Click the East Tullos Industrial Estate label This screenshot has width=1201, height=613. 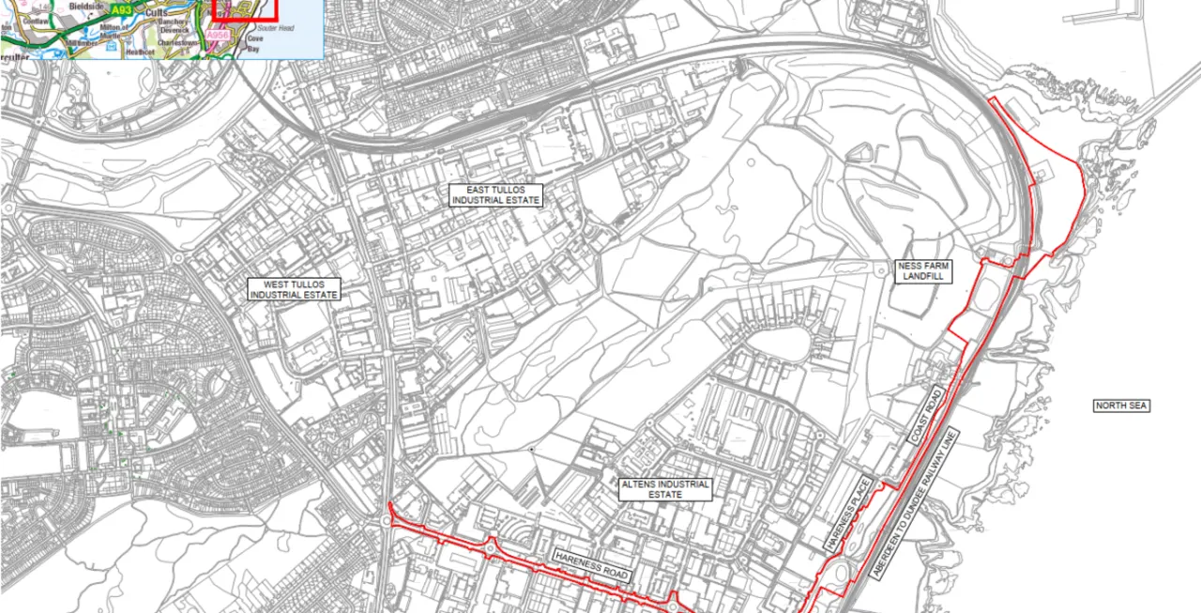point(496,195)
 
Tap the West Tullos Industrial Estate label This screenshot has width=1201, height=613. point(294,289)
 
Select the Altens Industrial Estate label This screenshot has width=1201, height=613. point(665,489)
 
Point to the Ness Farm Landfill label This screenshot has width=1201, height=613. point(924,272)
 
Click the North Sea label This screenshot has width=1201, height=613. point(1121,406)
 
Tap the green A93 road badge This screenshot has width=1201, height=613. point(122,10)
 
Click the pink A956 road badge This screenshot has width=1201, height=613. point(218,36)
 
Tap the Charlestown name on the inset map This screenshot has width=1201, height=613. point(179,42)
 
